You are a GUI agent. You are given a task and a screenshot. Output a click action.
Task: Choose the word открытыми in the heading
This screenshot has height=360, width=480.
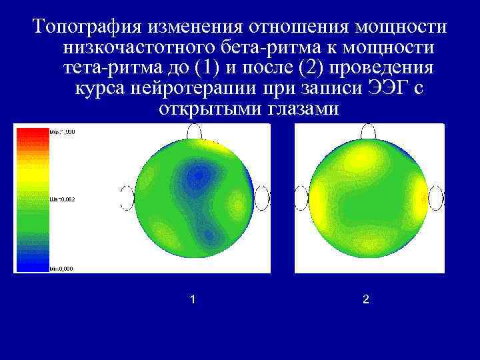202,109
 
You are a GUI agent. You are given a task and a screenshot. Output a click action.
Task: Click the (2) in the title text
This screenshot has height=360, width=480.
313,68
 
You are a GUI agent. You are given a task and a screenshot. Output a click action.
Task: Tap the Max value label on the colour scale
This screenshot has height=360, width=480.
62,132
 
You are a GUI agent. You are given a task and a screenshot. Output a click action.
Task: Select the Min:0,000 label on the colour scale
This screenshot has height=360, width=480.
61,269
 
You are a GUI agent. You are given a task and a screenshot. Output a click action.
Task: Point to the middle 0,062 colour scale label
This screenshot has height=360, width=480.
61,199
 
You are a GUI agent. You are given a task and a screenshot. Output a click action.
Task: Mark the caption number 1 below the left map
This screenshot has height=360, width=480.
193,300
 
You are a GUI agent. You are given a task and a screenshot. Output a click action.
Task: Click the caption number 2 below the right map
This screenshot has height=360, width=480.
365,300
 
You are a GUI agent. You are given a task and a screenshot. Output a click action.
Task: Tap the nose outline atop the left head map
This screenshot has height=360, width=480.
195,131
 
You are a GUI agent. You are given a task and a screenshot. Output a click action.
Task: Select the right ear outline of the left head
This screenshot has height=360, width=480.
261,198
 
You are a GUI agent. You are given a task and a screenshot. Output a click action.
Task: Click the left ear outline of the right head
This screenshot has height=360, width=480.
301,198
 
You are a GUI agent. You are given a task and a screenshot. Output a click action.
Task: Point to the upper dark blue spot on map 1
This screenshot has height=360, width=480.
196,175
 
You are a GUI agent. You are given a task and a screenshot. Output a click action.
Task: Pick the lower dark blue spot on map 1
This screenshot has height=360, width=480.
208,234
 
